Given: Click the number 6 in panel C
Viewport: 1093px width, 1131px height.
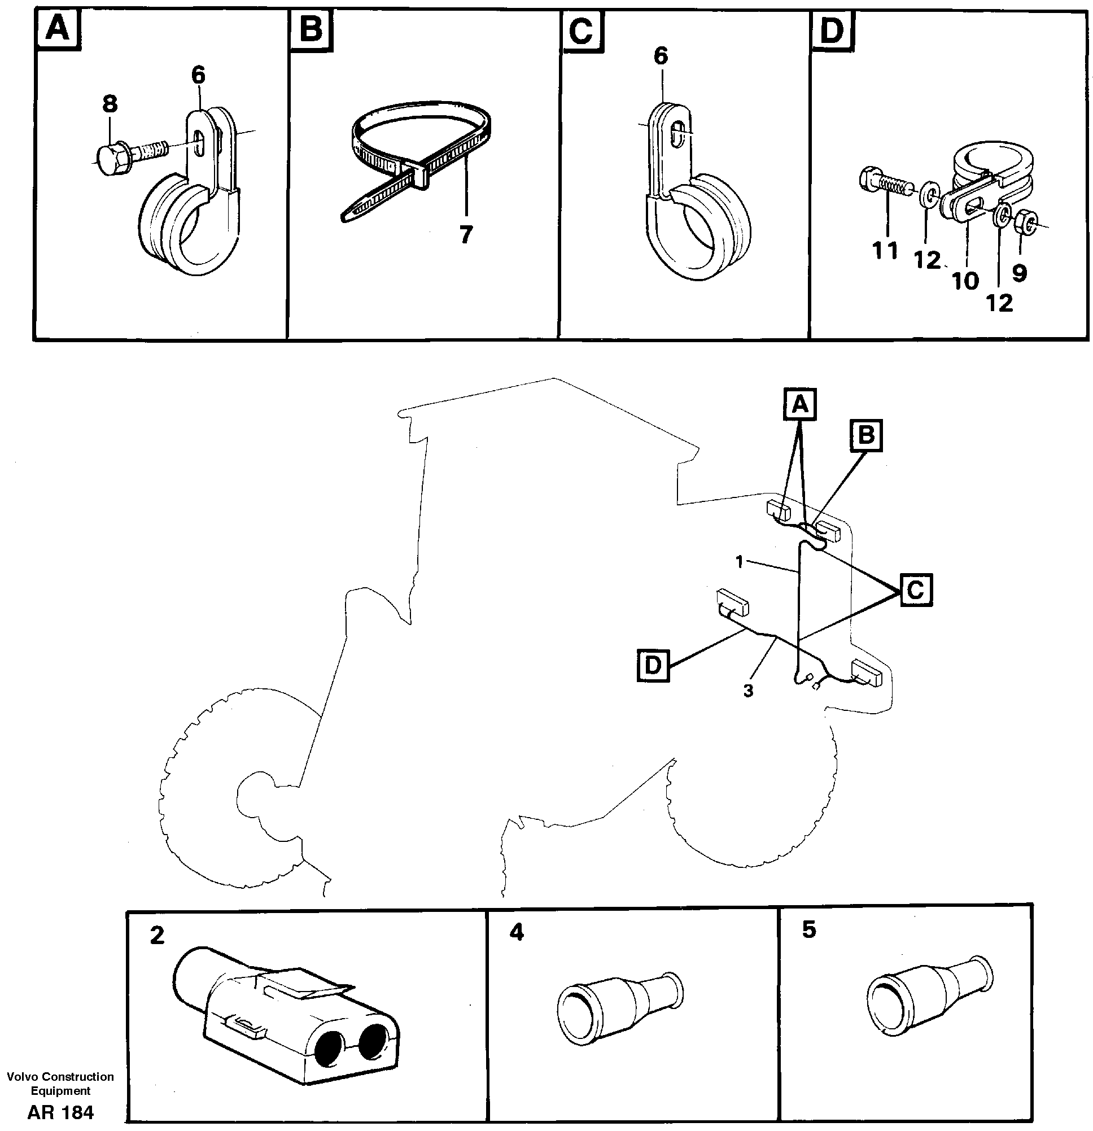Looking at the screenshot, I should (x=661, y=56).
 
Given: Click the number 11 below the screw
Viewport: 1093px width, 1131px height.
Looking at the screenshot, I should (x=885, y=251).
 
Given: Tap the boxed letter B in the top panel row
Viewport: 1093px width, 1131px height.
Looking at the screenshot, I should (x=312, y=30).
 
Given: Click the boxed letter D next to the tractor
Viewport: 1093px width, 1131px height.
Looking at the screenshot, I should (x=653, y=665).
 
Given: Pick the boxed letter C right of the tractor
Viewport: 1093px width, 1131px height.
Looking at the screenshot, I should (x=916, y=589).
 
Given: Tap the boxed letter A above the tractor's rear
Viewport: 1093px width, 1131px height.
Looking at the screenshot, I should (x=799, y=404).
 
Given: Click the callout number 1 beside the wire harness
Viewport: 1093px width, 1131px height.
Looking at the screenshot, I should (x=740, y=561).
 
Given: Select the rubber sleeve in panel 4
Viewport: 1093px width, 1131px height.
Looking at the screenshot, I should (x=620, y=1010).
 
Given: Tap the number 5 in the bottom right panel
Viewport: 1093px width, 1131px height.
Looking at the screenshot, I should (x=809, y=930).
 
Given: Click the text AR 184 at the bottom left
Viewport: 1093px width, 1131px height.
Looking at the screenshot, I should (x=60, y=1112).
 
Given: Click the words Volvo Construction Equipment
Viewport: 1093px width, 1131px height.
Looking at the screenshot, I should (x=60, y=1083).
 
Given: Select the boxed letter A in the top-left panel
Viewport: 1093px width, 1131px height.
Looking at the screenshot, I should (x=58, y=30).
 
